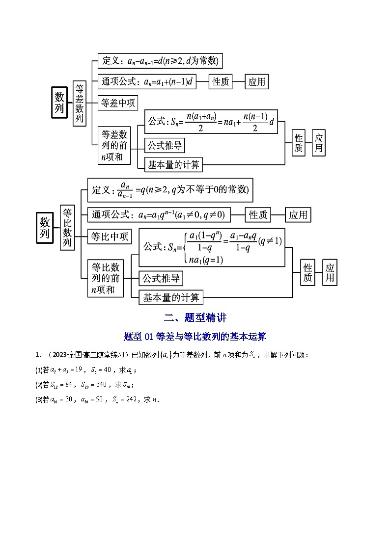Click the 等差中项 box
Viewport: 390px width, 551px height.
point(118,103)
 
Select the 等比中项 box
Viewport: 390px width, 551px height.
point(110,236)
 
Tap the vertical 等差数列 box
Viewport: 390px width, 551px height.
point(80,104)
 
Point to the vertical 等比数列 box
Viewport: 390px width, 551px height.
point(67,227)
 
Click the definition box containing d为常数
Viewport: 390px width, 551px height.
point(160,61)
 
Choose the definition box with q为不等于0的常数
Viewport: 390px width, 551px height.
point(170,190)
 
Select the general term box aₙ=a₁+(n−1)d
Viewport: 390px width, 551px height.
point(147,81)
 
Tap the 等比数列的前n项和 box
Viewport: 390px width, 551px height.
point(105,278)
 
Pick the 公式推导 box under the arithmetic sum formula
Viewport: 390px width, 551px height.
point(165,146)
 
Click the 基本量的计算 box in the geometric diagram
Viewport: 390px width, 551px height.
point(171,297)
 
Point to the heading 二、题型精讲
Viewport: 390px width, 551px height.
point(195,317)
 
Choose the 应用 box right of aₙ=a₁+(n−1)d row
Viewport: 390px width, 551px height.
point(257,82)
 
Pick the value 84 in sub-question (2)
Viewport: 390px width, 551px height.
point(70,384)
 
